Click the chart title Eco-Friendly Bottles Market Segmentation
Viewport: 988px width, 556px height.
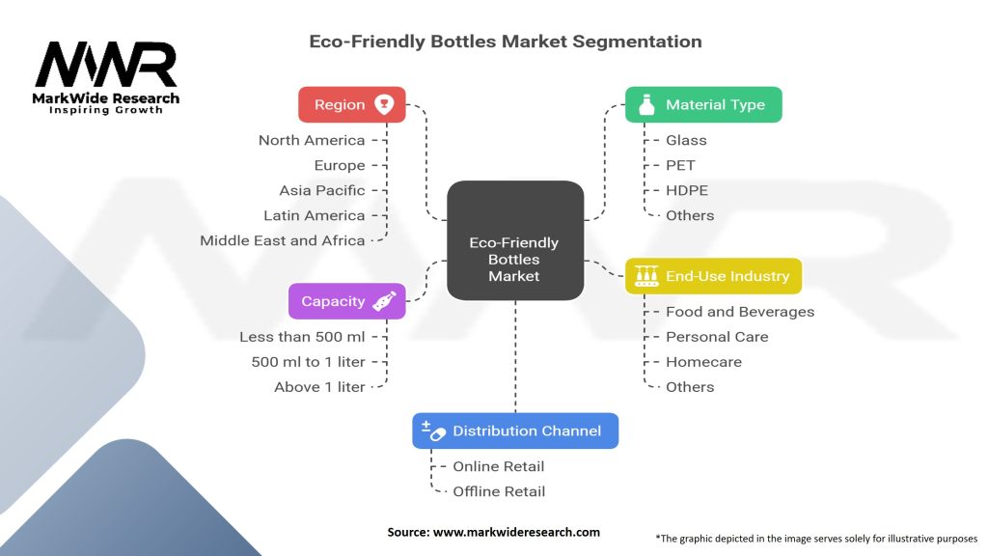505,42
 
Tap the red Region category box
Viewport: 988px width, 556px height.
351,104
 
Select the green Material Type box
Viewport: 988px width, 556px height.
703,104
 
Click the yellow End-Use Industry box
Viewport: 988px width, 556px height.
713,276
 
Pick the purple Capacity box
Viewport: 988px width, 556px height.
346,301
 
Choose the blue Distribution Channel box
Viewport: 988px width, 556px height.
515,431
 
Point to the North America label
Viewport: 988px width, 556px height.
312,140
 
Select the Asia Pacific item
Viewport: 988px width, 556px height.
322,190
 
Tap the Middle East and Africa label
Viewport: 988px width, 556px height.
283,240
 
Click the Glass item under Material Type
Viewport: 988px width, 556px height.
686,140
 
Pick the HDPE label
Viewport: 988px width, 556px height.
686,190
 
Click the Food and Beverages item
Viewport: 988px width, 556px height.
740,312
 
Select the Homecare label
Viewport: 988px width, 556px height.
703,362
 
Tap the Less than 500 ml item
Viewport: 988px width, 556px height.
302,337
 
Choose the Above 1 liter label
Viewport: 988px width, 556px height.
319,387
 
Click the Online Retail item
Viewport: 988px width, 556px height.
499,466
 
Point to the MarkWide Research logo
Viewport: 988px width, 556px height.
106,77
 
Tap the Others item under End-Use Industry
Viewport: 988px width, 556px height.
690,387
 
